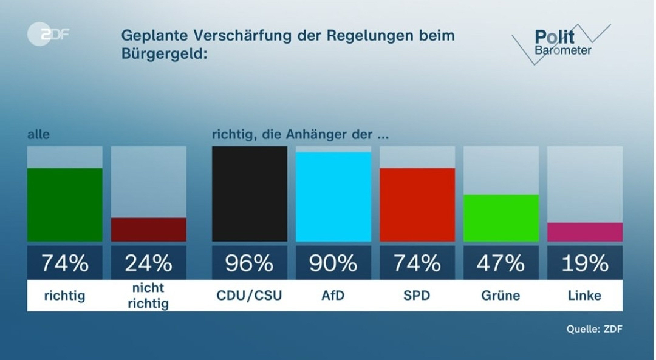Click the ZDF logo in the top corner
pos(48,35)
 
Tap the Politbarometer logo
pos(561,42)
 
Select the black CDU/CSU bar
pos(249,194)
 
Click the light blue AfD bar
pos(333,197)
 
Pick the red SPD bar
pos(417,205)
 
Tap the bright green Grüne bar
pos(501,218)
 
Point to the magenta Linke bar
pos(584,232)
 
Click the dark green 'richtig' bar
pos(64,205)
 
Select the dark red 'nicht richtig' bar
pos(148,229)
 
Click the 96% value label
pos(249,263)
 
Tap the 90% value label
pos(333,263)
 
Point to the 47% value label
pos(501,263)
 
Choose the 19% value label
pos(584,263)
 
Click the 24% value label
pos(148,263)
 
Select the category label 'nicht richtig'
pos(148,296)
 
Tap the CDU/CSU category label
pos(249,296)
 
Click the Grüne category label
pos(501,296)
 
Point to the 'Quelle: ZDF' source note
pos(594,329)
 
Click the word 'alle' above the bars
pos(38,135)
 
